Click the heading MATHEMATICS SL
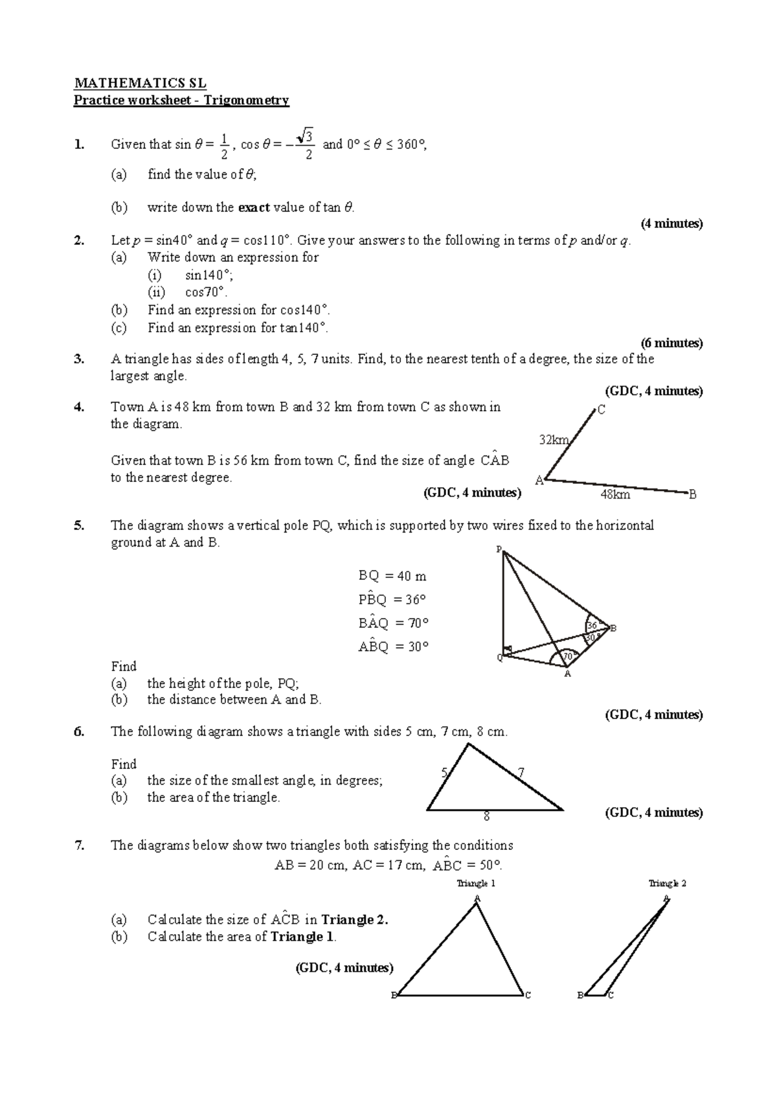pyautogui.click(x=140, y=83)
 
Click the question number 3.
pyautogui.click(x=79, y=360)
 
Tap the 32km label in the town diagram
pyautogui.click(x=554, y=441)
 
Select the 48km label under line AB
pyautogui.click(x=614, y=495)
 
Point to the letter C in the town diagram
pyautogui.click(x=602, y=410)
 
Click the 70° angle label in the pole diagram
pyautogui.click(x=569, y=656)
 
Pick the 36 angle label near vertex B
pyautogui.click(x=592, y=626)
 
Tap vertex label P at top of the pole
pyautogui.click(x=499, y=549)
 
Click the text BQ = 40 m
pyautogui.click(x=392, y=576)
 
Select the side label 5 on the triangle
pyautogui.click(x=444, y=772)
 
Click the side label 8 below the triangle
pyautogui.click(x=487, y=818)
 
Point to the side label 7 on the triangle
pyautogui.click(x=521, y=772)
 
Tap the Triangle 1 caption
pyautogui.click(x=476, y=883)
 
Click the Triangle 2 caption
pyautogui.click(x=668, y=883)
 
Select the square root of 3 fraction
pyautogui.click(x=308, y=144)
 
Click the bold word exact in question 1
pyautogui.click(x=254, y=208)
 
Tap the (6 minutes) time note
pyautogui.click(x=671, y=343)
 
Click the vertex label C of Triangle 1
pyautogui.click(x=528, y=995)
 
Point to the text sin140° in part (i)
pyautogui.click(x=205, y=275)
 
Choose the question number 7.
pyautogui.click(x=79, y=845)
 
